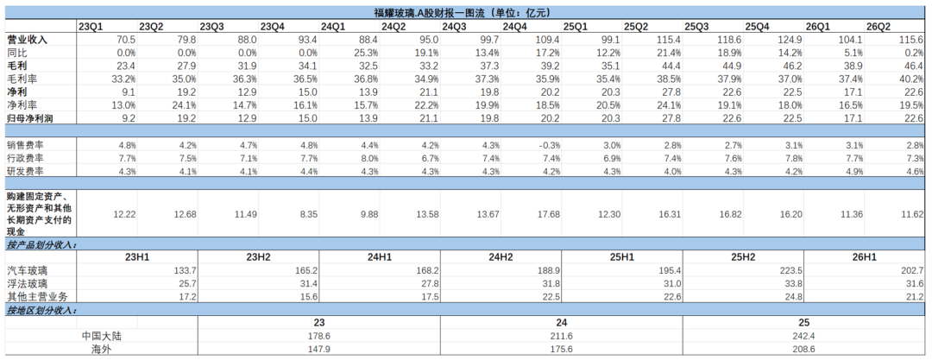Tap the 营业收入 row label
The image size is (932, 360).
coord(27,39)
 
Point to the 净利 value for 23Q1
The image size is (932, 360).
coord(127,92)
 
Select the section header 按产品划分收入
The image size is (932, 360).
coord(41,244)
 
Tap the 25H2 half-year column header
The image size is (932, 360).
coord(743,257)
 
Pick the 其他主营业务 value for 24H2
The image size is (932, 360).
coord(549,296)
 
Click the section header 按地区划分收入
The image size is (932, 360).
coord(41,310)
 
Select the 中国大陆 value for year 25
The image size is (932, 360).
coord(803,336)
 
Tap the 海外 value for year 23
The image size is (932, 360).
coord(319,350)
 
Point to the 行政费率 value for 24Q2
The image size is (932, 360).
coord(428,158)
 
